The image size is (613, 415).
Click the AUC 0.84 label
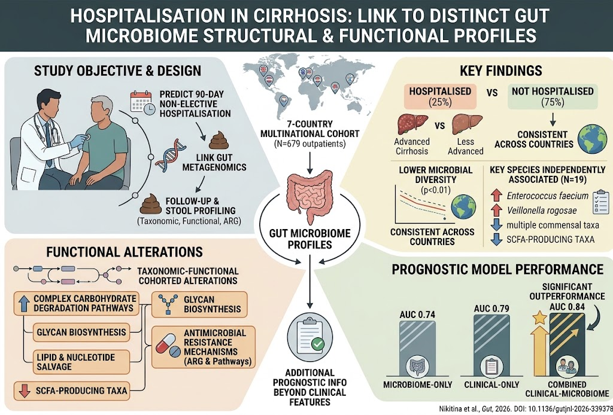(x=568, y=307)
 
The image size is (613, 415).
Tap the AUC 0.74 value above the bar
(x=417, y=315)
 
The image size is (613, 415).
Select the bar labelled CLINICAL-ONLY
(x=491, y=346)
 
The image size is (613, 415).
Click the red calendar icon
(x=140, y=102)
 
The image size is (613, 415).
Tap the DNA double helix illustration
(x=171, y=155)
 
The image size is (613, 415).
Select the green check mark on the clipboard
(x=317, y=344)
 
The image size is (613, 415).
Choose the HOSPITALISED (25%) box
(x=440, y=96)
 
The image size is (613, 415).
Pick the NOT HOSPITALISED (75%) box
(x=553, y=96)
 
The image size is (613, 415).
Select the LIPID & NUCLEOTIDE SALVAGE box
(x=81, y=362)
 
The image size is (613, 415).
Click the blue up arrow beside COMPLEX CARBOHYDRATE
(x=24, y=303)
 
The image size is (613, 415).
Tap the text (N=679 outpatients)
(x=309, y=144)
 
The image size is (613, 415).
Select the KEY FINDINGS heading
(x=502, y=71)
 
